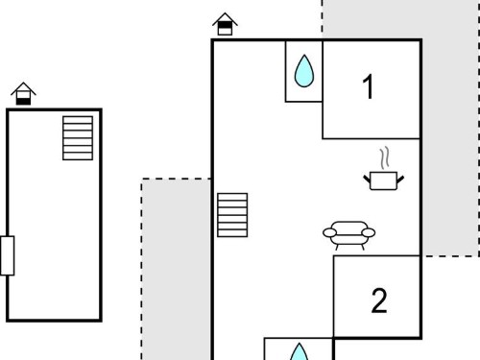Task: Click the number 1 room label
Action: pos(369,86)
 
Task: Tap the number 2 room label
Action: pos(379,300)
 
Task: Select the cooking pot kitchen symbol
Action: pos(384,169)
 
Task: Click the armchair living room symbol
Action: pos(349,235)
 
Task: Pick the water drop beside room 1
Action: pos(304,71)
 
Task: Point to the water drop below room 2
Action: pos(299,351)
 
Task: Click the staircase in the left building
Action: pos(78,138)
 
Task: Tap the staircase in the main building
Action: pos(232,215)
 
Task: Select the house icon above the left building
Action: pos(23,93)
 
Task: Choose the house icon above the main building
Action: pos(225,24)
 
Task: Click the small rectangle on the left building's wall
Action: pos(7,255)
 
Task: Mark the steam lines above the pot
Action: pos(385,157)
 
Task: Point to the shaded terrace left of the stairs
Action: pos(176,269)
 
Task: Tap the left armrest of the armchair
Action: pos(330,233)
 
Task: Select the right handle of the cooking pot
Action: pos(400,180)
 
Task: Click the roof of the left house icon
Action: pos(23,88)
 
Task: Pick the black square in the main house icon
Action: pos(225,25)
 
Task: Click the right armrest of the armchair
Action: pos(369,233)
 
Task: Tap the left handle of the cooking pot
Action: pos(367,180)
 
